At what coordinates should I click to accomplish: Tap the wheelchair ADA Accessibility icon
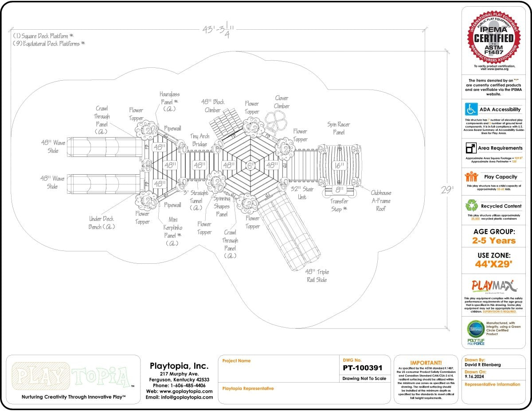tap(471, 109)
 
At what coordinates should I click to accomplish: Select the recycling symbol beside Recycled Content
tap(471, 206)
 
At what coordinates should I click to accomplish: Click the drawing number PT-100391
tap(362, 368)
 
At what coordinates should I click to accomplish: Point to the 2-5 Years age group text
tap(494, 241)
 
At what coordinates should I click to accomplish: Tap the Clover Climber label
tap(282, 102)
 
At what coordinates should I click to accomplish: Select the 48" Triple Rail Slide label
tap(317, 275)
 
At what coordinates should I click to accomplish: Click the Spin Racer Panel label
tap(338, 128)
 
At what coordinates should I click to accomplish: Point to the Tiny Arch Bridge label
tap(200, 140)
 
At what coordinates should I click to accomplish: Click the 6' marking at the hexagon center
tap(251, 165)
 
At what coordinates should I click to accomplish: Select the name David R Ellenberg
tap(482, 365)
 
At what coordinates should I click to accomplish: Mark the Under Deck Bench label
tap(102, 223)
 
